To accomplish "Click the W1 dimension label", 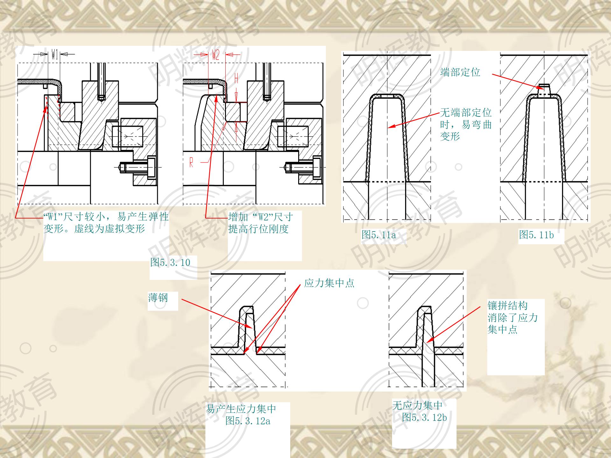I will tap(54, 55).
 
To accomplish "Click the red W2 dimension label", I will tap(215, 55).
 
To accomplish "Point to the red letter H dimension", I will tap(236, 79).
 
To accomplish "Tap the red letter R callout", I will tap(191, 163).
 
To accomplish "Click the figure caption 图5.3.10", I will tap(170, 263).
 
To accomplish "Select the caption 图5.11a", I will tap(379, 235).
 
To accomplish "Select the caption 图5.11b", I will tap(536, 235).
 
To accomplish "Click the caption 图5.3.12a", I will tap(248, 421).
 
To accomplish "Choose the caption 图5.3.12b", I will tap(424, 417).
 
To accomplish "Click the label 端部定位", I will tap(460, 72).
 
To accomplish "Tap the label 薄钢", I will tap(158, 298).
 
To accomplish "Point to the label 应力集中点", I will tap(329, 283).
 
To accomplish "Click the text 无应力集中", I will tap(417, 405).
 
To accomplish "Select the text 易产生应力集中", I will tap(241, 409).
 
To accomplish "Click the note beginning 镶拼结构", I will tap(512, 317).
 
